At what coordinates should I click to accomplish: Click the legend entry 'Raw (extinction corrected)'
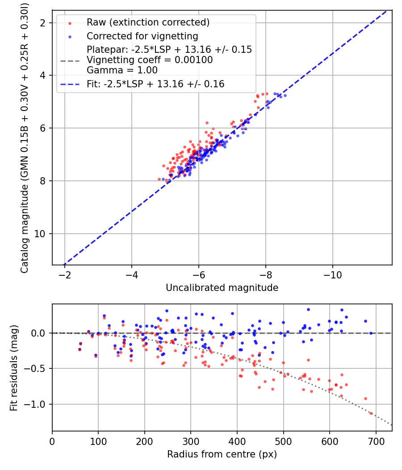[x=148, y=22]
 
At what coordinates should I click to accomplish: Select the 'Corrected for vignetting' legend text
[x=142, y=36]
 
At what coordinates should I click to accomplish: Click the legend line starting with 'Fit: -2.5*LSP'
[x=155, y=84]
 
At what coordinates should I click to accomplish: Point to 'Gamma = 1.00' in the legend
[x=122, y=70]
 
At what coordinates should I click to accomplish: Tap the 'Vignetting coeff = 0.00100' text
[x=150, y=60]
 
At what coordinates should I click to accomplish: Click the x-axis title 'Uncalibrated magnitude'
[x=222, y=288]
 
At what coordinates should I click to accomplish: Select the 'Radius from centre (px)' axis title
[x=222, y=454]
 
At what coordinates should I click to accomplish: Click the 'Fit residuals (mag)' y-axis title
[x=14, y=367]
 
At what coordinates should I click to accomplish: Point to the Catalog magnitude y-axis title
[x=25, y=138]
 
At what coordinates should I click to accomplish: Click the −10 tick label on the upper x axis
[x=333, y=275]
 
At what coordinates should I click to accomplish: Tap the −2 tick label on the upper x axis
[x=65, y=275]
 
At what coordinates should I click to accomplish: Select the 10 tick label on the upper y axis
[x=40, y=234]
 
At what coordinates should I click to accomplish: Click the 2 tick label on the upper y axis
[x=43, y=23]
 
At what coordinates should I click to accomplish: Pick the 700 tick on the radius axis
[x=376, y=441]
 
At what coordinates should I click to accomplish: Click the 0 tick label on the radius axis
[x=52, y=441]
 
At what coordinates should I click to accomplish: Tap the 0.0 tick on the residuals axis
[x=38, y=333]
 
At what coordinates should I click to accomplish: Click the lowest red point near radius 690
[x=371, y=413]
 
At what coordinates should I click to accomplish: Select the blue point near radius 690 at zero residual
[x=371, y=333]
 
